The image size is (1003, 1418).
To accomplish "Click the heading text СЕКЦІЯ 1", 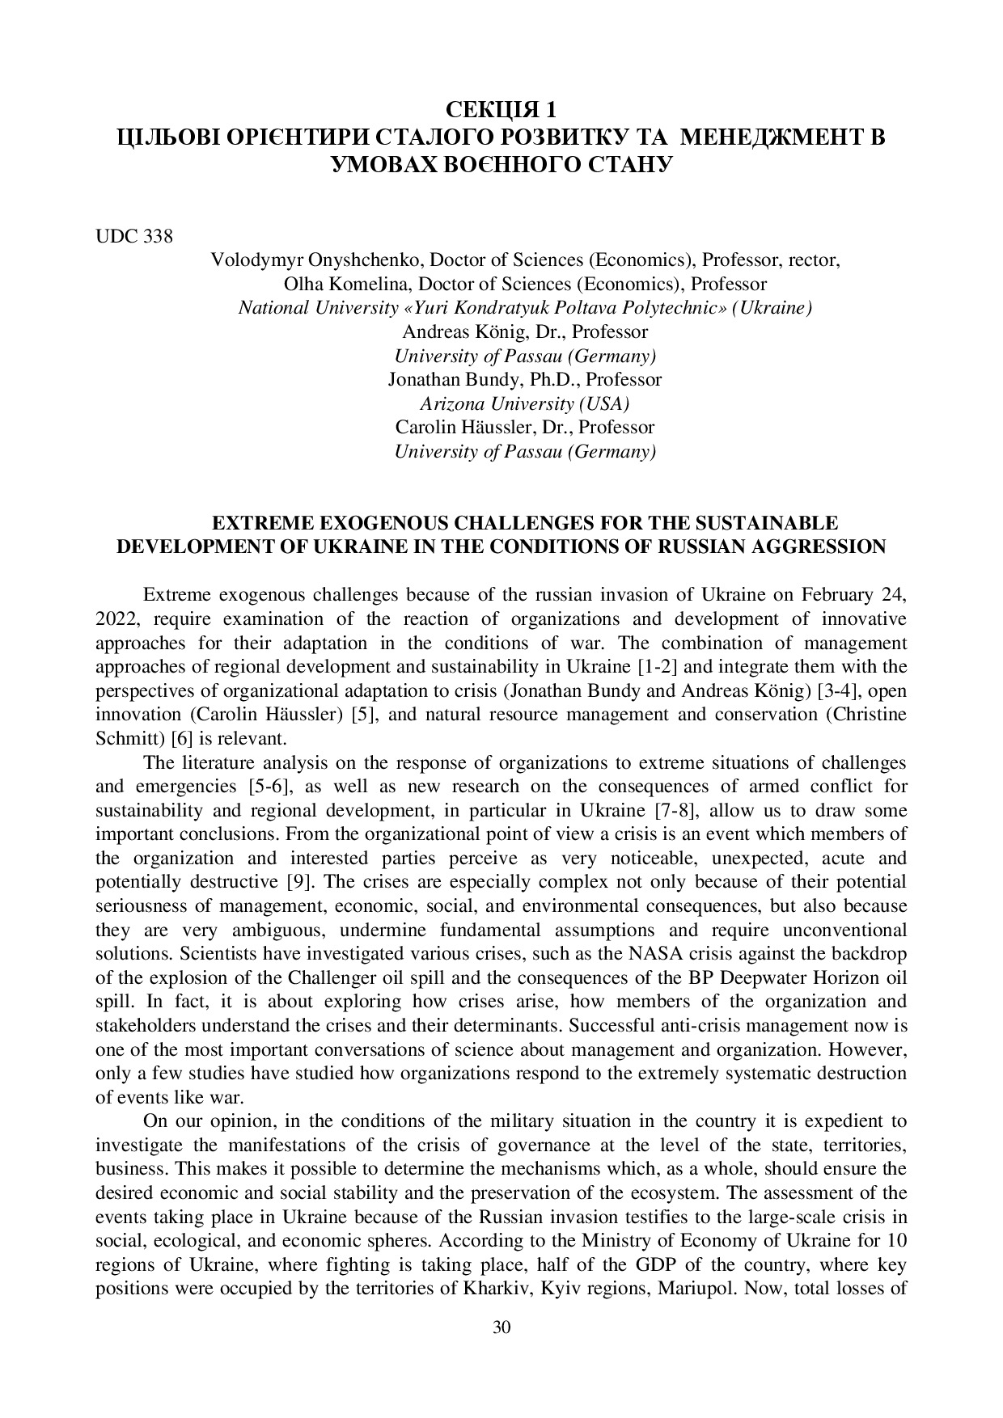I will [x=501, y=109].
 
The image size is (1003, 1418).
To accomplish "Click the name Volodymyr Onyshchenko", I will [x=315, y=260].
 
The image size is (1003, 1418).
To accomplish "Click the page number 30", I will [x=501, y=1328].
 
